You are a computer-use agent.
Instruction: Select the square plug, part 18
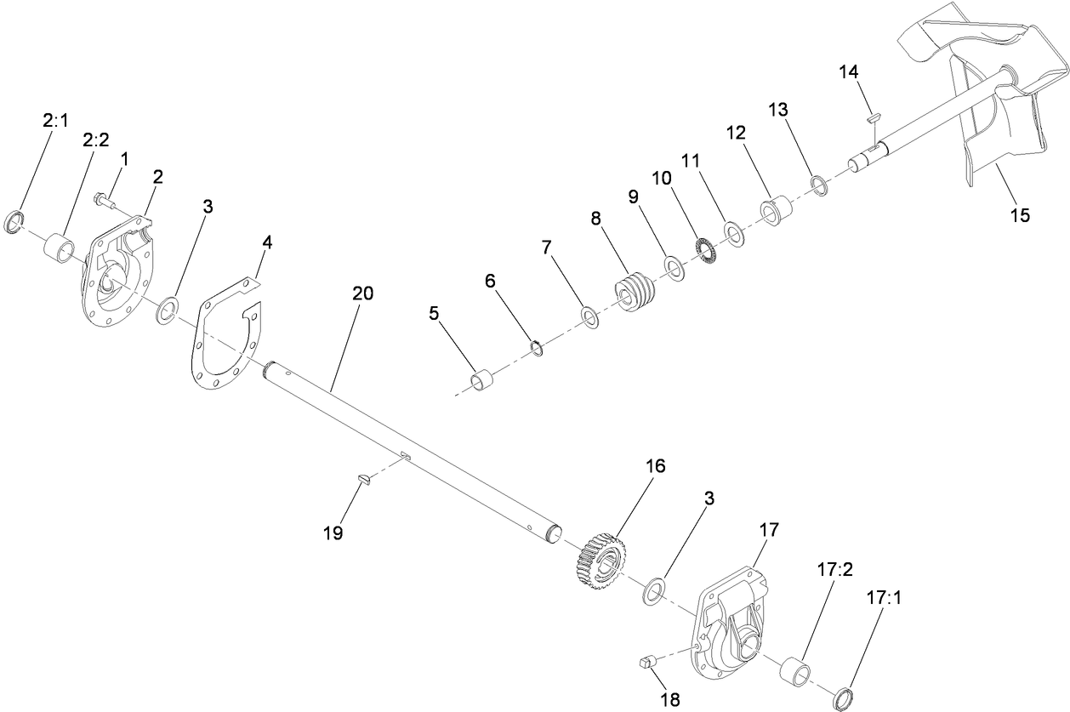646,660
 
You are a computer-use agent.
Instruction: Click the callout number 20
362,293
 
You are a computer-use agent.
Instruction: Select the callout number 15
1019,214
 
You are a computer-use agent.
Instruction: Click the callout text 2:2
95,140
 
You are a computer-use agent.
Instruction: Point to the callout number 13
778,110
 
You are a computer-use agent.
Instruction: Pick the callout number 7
547,247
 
